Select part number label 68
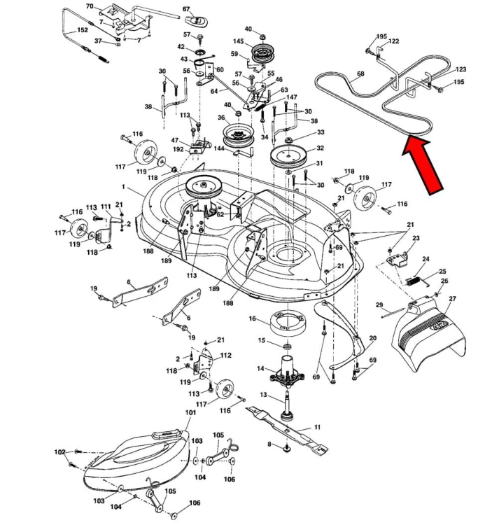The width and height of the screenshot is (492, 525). point(360,73)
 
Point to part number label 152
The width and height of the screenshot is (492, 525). point(82,30)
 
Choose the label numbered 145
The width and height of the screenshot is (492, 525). point(239,41)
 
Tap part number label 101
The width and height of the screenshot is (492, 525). point(190,413)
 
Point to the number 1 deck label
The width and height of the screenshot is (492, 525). point(123,187)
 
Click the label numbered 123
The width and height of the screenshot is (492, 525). point(461,70)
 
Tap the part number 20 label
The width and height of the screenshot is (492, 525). point(372,338)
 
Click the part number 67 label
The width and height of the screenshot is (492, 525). point(186,9)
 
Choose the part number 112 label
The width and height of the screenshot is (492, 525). point(225,355)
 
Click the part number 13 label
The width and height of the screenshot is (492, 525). point(264,395)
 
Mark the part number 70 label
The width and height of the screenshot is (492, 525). point(89,6)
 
